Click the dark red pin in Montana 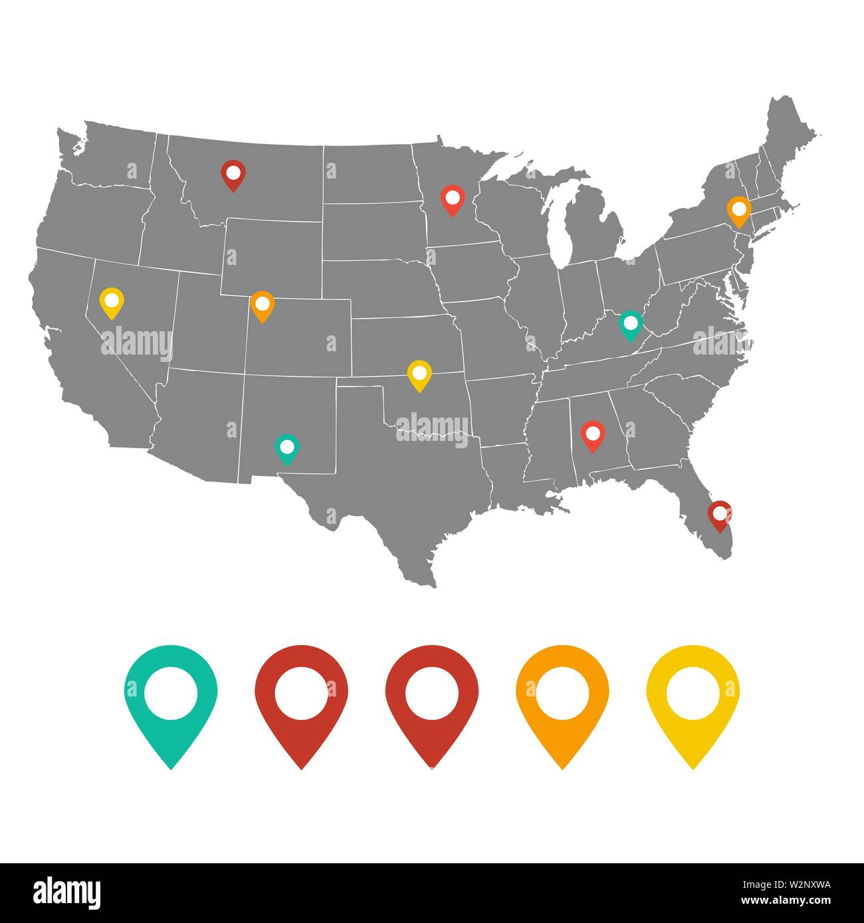click(233, 174)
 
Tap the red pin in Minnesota click(452, 199)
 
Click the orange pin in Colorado click(263, 305)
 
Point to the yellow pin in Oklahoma click(419, 375)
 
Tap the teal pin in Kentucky click(630, 324)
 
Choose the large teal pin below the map click(171, 697)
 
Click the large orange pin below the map click(562, 697)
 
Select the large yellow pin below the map click(693, 697)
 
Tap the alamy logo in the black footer click(66, 892)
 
